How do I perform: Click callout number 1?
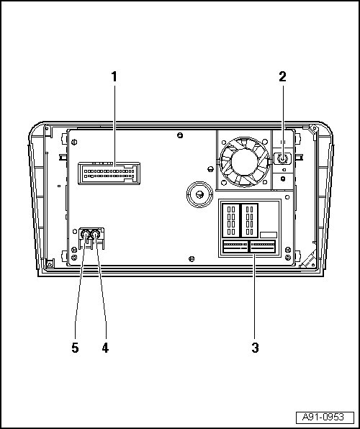(x=114, y=77)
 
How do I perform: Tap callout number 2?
(x=282, y=77)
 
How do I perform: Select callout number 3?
(x=255, y=348)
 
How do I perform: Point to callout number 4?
(x=105, y=348)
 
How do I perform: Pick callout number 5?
(x=76, y=348)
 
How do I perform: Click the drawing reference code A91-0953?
(x=323, y=417)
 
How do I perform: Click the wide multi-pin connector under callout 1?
(x=109, y=173)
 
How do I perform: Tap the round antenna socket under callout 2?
(x=282, y=158)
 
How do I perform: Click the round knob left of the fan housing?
(x=199, y=194)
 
